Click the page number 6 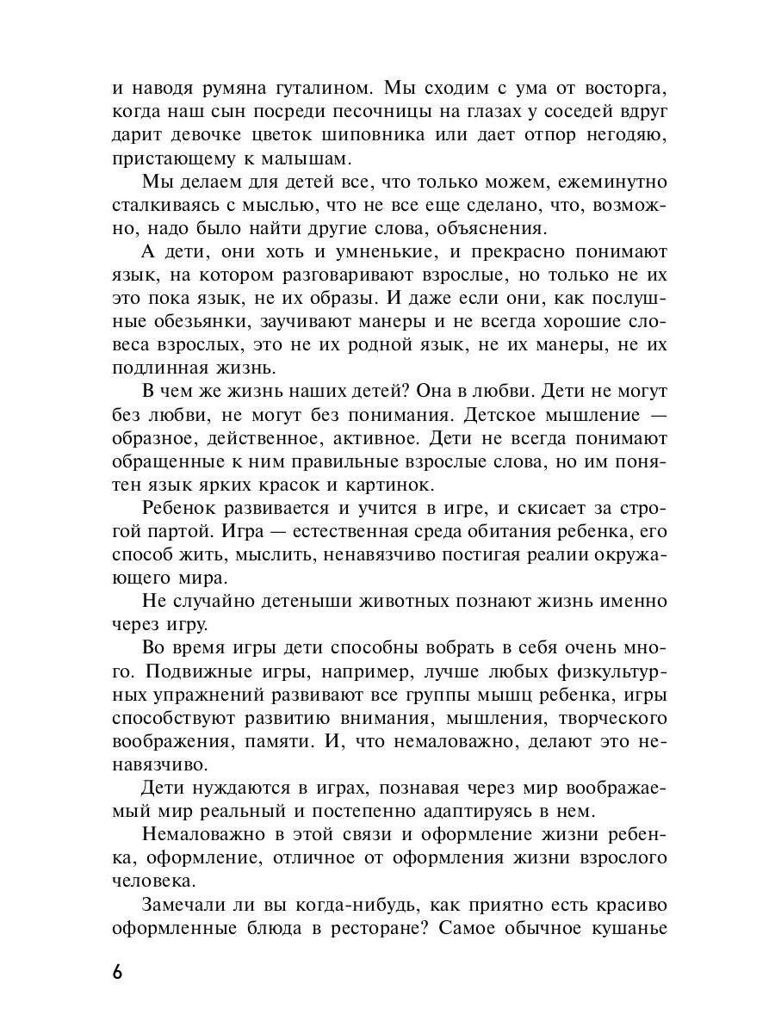pos(118,973)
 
